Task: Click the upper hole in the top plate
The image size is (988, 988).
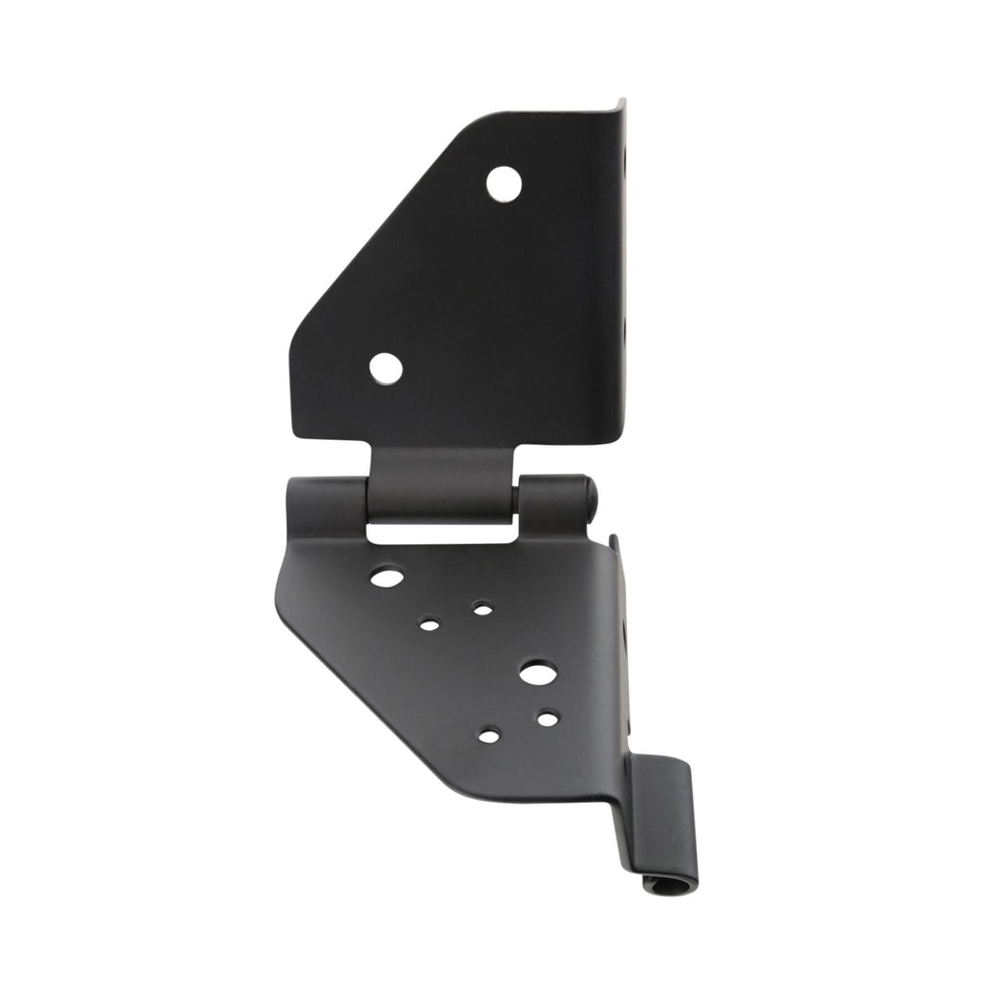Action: click(x=504, y=183)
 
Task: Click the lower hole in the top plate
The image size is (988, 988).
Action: click(x=385, y=368)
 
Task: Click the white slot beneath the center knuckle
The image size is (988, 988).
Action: click(x=440, y=532)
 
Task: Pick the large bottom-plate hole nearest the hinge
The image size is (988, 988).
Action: click(x=387, y=577)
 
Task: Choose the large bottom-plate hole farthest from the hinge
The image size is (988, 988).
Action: click(x=537, y=672)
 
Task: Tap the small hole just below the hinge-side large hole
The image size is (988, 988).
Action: click(x=429, y=624)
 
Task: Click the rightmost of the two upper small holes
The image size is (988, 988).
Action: click(x=482, y=609)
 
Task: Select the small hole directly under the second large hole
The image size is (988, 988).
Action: click(x=547, y=719)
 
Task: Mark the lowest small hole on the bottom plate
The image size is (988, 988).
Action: click(x=489, y=736)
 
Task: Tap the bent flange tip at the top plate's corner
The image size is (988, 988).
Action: click(x=620, y=104)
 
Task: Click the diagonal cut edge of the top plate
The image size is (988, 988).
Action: click(x=386, y=222)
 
